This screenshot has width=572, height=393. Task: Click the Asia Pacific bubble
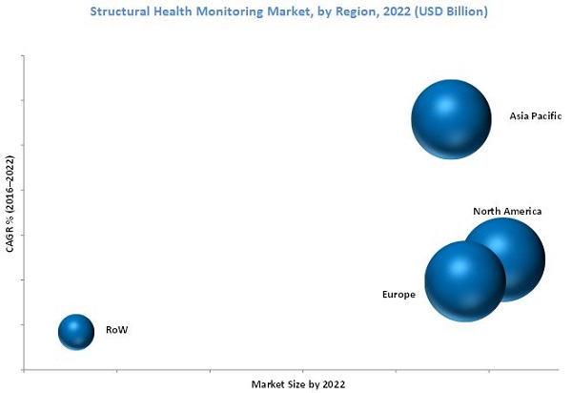click(451, 118)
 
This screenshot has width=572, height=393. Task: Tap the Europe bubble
click(463, 280)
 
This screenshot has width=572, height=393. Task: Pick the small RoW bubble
click(75, 331)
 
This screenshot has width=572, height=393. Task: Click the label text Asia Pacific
click(537, 117)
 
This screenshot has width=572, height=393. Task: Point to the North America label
click(507, 211)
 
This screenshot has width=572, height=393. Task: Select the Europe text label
click(398, 295)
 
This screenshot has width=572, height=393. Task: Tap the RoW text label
click(116, 330)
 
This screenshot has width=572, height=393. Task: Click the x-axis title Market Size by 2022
click(298, 383)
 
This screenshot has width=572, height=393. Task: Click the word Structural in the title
click(121, 11)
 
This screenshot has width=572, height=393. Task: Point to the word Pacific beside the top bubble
click(548, 117)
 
